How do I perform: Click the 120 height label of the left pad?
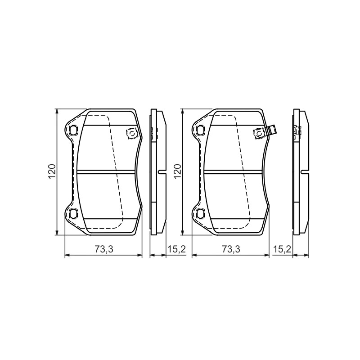click(x=52, y=171)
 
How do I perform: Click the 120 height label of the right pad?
click(x=178, y=171)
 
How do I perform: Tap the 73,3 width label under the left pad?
click(x=104, y=249)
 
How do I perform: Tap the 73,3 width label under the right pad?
click(x=231, y=249)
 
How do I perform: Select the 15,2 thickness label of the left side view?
click(x=176, y=249)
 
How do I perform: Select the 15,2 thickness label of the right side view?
click(x=282, y=249)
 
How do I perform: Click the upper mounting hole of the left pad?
click(x=73, y=130)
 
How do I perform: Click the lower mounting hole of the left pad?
click(x=73, y=213)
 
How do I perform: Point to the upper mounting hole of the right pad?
click(x=200, y=130)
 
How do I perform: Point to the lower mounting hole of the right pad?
click(x=200, y=213)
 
